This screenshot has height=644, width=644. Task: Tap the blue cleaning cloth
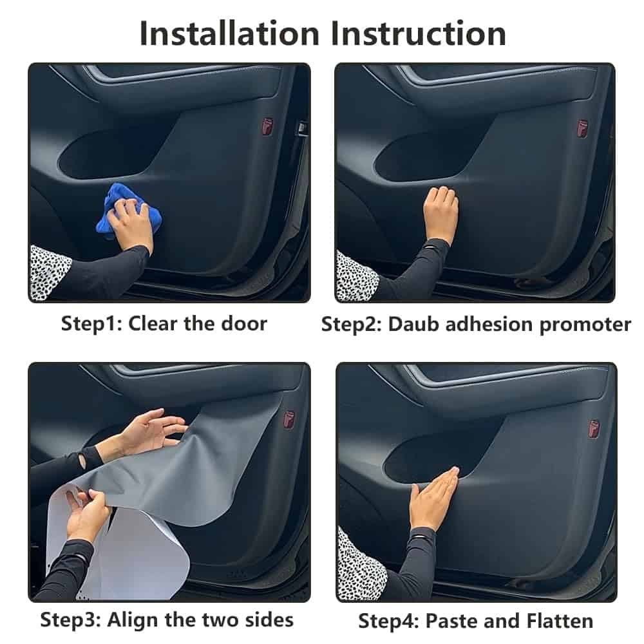coord(126,209)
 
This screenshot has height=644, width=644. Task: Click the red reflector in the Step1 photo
coord(267,126)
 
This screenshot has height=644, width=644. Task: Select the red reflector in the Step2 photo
coord(582,127)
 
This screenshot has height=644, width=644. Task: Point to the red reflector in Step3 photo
coord(289,419)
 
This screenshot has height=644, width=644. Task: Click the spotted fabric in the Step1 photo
coord(48,270)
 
